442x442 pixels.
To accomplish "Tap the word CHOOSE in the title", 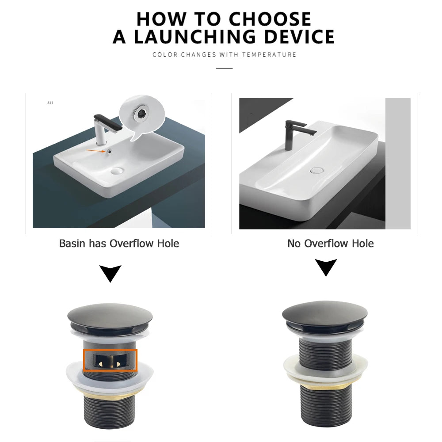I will pyautogui.click(x=270, y=19).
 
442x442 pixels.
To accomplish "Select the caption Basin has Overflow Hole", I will pyautogui.click(x=119, y=244).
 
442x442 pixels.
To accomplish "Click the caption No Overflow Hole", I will pyautogui.click(x=330, y=244).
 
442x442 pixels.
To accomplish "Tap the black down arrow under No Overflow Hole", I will pyautogui.click(x=326, y=267).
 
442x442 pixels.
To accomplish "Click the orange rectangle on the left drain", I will pyautogui.click(x=110, y=360).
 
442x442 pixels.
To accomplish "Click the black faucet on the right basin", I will pyautogui.click(x=295, y=133).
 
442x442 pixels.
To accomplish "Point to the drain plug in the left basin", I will pyautogui.click(x=118, y=170).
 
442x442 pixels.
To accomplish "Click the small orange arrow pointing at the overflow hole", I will pyautogui.click(x=95, y=151).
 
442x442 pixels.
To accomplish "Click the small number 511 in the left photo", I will pyautogui.click(x=50, y=103).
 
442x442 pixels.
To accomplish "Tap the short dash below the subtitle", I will pyautogui.click(x=224, y=68).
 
